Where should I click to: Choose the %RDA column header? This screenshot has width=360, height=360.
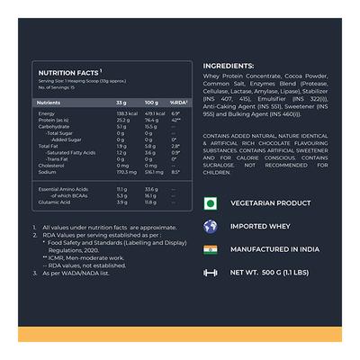point(178,103)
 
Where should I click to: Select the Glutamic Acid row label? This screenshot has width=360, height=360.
point(53,202)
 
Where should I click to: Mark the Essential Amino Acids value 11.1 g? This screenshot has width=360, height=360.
point(122,190)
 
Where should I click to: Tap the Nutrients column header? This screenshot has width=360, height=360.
point(49,103)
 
